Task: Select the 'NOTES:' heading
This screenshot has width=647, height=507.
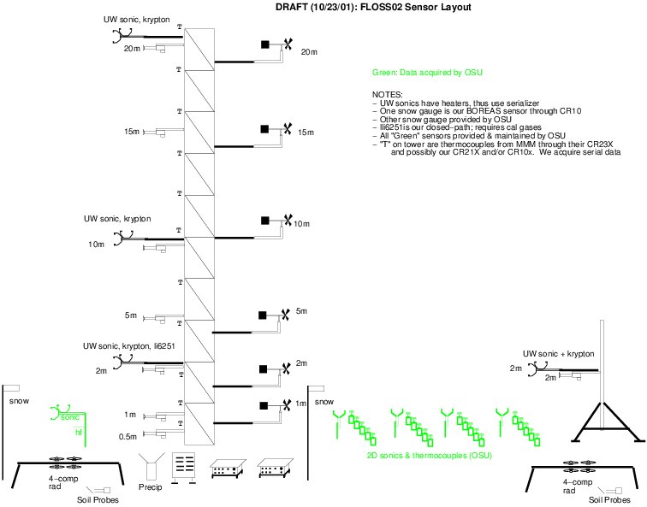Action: click(388, 94)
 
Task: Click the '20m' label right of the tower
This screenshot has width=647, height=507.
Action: click(308, 52)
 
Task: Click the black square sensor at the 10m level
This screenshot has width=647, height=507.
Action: click(265, 221)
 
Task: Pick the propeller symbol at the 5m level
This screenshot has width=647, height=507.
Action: click(284, 315)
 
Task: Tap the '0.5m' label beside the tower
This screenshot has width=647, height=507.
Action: click(128, 437)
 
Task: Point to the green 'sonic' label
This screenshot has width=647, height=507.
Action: click(70, 417)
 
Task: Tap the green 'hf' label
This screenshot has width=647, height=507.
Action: click(79, 433)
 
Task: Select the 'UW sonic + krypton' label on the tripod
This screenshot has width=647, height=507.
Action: click(558, 353)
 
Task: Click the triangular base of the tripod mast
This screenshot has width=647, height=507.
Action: click(603, 424)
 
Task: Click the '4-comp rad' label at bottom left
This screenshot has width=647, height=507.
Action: click(58, 483)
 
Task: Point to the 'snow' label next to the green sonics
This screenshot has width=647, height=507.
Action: click(323, 401)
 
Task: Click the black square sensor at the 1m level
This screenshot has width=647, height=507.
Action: click(265, 405)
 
